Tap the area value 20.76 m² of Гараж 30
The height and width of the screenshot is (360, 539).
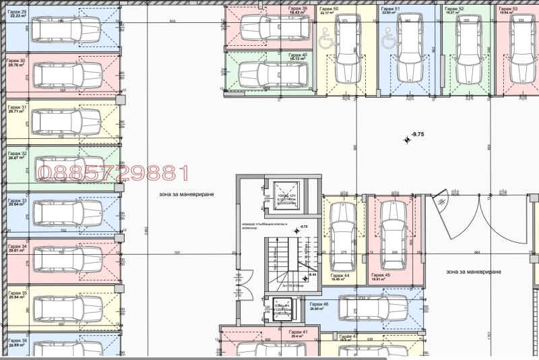tap(17, 65)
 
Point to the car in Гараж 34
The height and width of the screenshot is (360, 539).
tap(65, 260)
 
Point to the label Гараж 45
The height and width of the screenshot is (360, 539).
tap(379, 275)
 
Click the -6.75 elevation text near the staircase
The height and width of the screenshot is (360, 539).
tap(304, 227)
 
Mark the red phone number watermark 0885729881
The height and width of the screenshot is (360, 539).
tap(113, 173)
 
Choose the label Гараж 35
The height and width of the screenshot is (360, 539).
tap(17, 293)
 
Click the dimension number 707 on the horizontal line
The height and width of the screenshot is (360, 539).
tap(177, 253)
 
